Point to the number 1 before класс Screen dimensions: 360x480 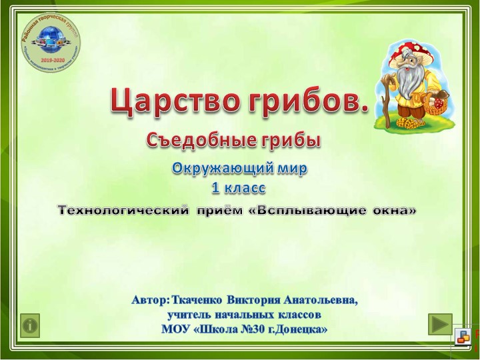[215, 188]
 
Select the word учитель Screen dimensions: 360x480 [190, 314]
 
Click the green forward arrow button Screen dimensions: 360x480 [439, 324]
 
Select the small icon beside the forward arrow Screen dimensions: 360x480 [462, 339]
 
